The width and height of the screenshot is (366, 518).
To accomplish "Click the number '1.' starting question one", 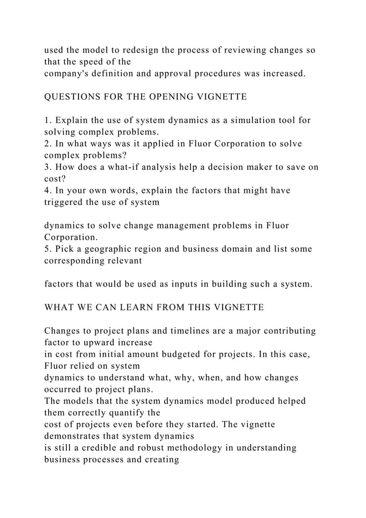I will tap(48, 120).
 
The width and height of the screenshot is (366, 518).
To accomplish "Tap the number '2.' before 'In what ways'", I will tap(48, 144).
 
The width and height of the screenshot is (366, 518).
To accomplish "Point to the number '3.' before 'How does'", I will tap(48, 167).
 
